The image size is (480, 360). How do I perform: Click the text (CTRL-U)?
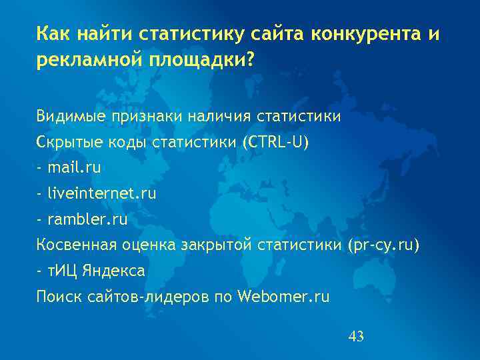click(x=276, y=143)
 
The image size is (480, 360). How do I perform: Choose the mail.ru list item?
click(x=74, y=168)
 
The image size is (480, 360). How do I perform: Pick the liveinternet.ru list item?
click(x=102, y=194)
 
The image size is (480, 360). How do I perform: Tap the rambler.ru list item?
click(x=87, y=219)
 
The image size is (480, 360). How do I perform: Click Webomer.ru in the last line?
click(x=283, y=297)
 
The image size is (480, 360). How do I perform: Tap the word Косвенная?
click(x=76, y=245)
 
